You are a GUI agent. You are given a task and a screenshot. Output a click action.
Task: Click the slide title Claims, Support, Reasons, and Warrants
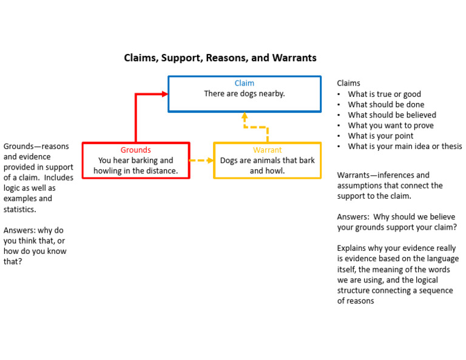click(220, 58)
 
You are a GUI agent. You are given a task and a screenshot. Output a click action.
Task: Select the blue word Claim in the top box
click(245, 84)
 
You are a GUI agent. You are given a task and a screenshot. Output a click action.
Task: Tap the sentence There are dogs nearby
click(245, 94)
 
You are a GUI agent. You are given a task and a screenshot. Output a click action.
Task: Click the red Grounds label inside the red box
click(135, 150)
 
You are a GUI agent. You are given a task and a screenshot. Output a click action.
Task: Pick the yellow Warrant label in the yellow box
click(267, 150)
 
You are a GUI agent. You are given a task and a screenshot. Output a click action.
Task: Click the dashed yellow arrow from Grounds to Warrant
click(201, 161)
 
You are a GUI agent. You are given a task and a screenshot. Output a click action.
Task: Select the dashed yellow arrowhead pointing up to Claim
click(245, 115)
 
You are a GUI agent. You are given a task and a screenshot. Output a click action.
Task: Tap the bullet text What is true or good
click(384, 95)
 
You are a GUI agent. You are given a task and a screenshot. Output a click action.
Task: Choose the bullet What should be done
click(386, 105)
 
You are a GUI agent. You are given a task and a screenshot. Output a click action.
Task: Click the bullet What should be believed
click(392, 115)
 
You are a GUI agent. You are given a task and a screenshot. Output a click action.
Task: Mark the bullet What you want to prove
click(391, 125)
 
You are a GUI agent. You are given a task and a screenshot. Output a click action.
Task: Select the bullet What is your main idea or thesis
click(405, 146)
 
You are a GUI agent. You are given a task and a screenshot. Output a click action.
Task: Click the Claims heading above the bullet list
click(349, 84)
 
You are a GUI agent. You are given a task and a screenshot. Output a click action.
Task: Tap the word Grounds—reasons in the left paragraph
click(36, 147)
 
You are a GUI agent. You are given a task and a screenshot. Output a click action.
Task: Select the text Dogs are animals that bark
click(267, 161)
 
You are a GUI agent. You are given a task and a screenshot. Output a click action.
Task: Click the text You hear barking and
click(135, 161)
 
